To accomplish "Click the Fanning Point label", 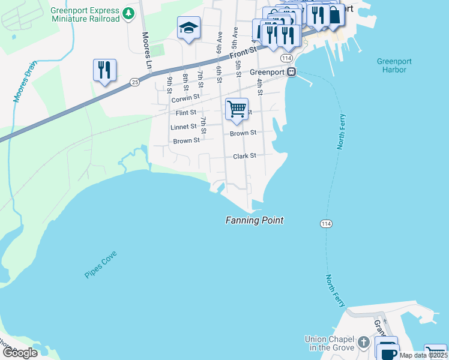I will point(254,220).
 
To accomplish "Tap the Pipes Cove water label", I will point(101,265).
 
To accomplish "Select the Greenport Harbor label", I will point(391,65).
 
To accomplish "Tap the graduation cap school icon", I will point(188,28).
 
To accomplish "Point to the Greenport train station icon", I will point(291,72).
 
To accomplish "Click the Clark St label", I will point(244,155).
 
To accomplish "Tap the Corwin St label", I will point(185,97).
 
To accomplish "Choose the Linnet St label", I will point(184,127).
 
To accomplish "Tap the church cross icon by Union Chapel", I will point(363,342).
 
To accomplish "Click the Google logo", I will point(20,353).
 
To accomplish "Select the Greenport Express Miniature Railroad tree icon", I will point(128,13).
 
